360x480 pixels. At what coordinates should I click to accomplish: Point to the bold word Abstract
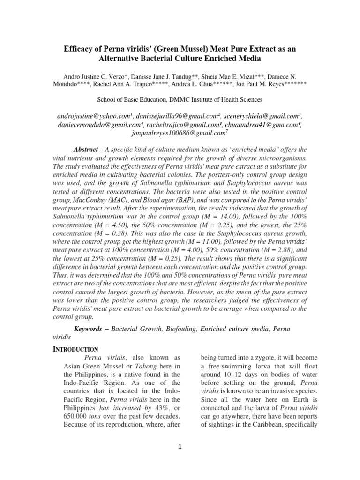(88, 149)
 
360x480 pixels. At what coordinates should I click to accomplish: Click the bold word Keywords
(88, 329)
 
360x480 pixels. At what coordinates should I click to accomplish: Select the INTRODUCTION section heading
(75, 349)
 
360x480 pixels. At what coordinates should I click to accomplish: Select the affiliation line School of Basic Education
(180, 99)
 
